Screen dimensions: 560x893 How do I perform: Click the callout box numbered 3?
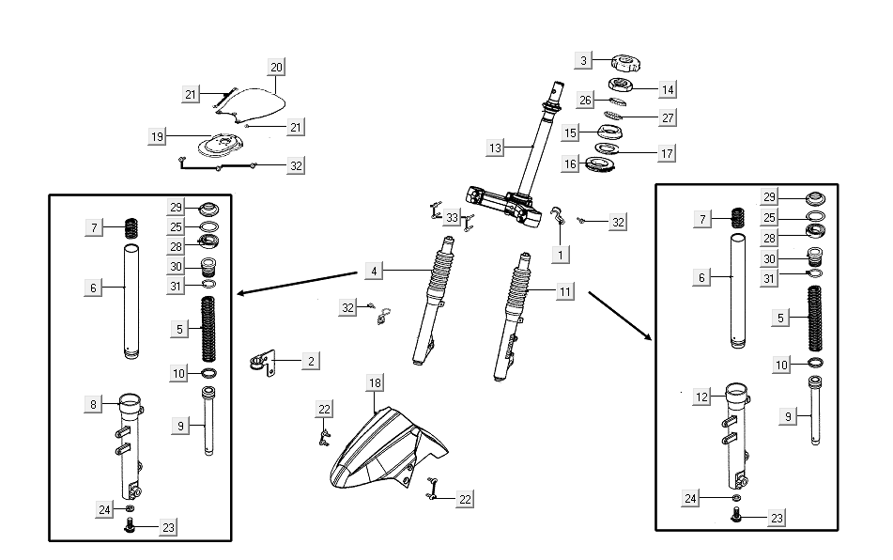click(x=584, y=60)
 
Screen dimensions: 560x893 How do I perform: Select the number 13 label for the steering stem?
click(x=496, y=148)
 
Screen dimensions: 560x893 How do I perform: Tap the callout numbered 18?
click(x=375, y=382)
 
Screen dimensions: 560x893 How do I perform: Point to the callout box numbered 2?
click(x=311, y=360)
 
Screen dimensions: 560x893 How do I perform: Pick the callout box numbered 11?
click(x=564, y=292)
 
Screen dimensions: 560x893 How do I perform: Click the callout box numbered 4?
click(x=374, y=272)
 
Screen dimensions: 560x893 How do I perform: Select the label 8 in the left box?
click(x=93, y=404)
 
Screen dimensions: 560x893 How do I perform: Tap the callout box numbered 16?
click(x=570, y=164)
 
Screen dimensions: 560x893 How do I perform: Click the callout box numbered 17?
click(x=667, y=152)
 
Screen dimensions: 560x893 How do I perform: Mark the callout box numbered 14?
click(x=668, y=89)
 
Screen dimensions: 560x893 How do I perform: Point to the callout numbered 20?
click(x=276, y=67)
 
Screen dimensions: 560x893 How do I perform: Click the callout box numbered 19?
click(x=157, y=136)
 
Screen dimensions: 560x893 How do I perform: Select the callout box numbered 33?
click(x=453, y=218)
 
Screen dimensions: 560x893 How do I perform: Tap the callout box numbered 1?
click(x=560, y=254)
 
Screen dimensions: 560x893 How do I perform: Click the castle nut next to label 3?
click(x=624, y=64)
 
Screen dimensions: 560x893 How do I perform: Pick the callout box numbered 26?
click(x=585, y=100)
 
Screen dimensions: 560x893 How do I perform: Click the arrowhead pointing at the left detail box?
click(x=240, y=293)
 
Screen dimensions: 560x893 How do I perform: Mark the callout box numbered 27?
click(x=668, y=117)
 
